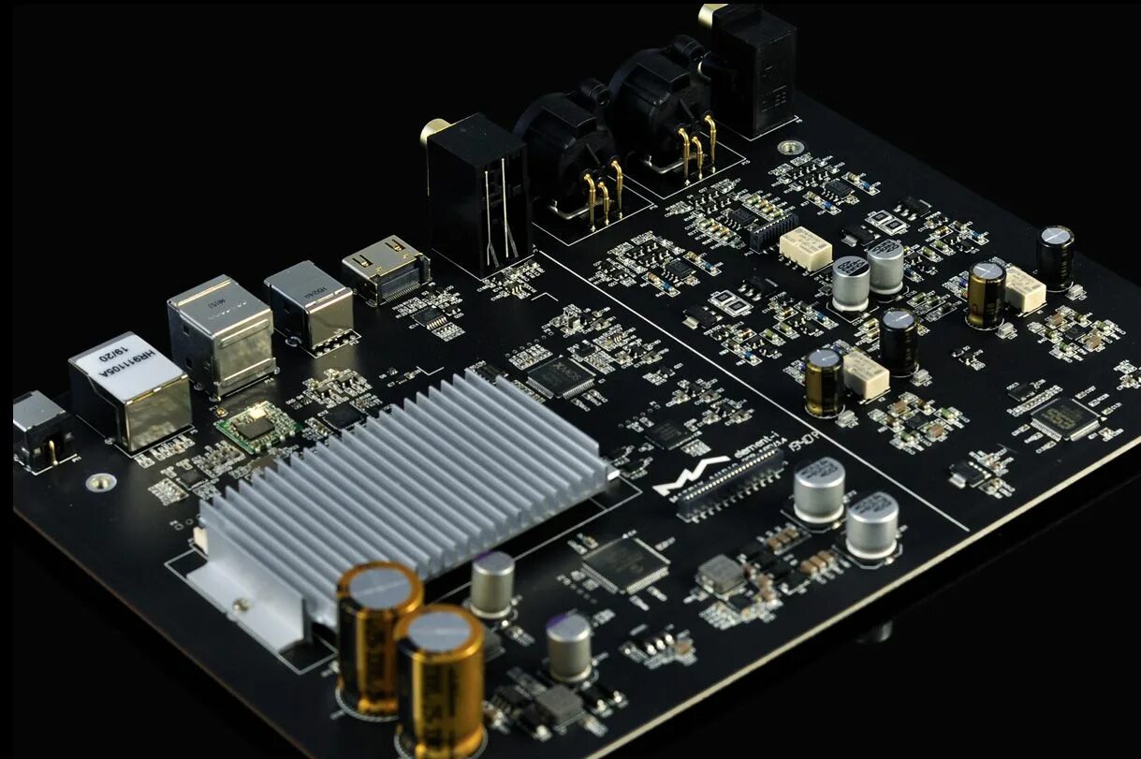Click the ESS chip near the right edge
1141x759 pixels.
pyautogui.click(x=1063, y=417)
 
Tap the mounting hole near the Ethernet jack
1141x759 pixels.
pyautogui.click(x=100, y=482)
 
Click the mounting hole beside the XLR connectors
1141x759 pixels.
pyautogui.click(x=792, y=147)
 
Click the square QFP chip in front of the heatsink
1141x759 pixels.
pyautogui.click(x=624, y=564)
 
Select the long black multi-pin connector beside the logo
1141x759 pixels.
pyautogui.click(x=730, y=483)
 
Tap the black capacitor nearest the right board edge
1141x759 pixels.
pyautogui.click(x=1055, y=255)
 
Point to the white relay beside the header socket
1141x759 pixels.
pyautogui.click(x=805, y=248)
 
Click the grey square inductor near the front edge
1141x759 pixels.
pyautogui.click(x=721, y=574)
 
